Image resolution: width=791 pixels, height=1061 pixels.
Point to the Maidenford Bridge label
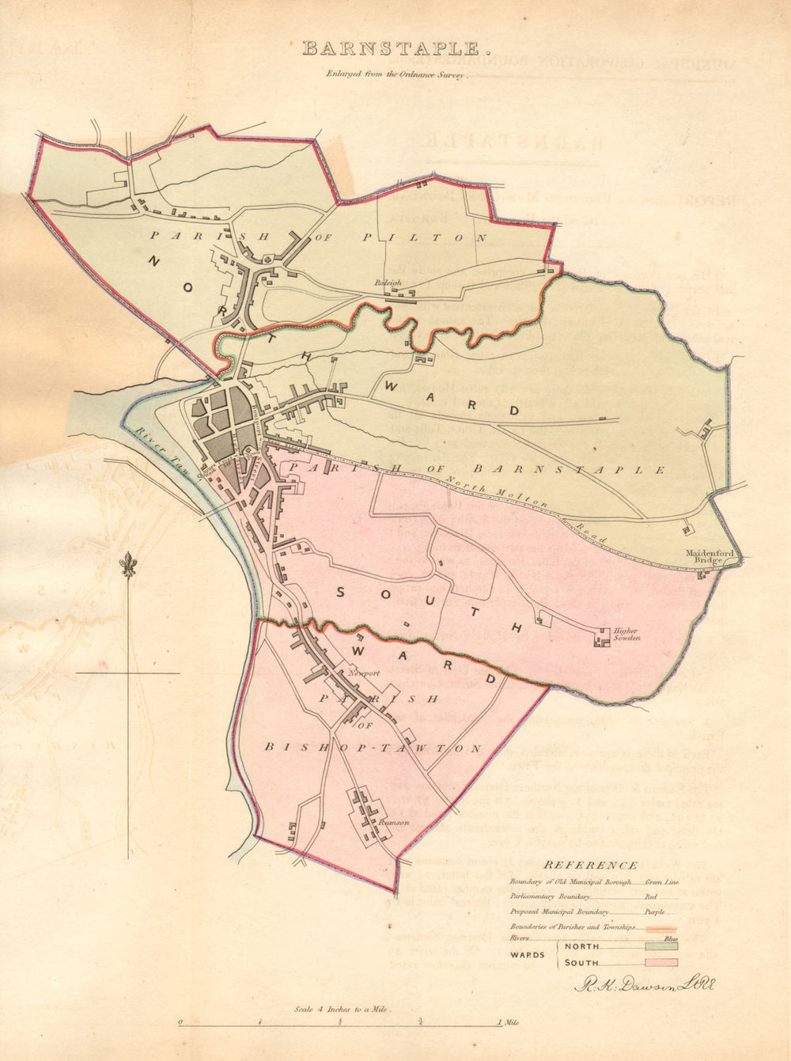705,556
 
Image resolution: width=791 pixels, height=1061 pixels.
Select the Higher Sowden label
626,634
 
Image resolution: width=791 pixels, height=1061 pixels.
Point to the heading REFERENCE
590,866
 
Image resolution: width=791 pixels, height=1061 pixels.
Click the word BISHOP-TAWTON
372,748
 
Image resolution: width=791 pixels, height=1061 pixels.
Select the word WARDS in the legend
527,954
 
